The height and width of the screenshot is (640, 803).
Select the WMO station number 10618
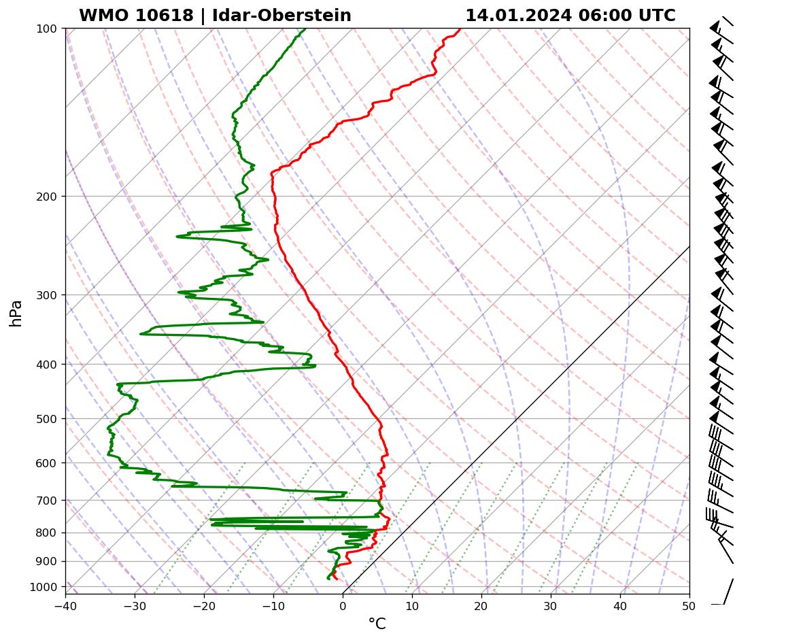(136, 16)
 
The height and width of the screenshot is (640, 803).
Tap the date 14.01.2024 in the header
(518, 16)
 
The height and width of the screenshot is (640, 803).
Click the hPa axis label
(16, 313)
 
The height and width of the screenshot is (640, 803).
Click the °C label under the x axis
(377, 624)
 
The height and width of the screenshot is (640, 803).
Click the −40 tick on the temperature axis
(65, 603)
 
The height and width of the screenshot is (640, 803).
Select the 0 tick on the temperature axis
(343, 603)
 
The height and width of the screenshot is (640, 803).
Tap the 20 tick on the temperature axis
(481, 603)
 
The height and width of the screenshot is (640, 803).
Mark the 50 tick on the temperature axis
(689, 603)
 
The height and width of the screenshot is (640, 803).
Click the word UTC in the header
(657, 16)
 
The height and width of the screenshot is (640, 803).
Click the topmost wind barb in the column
(721, 25)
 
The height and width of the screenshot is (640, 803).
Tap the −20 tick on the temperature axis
(204, 603)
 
